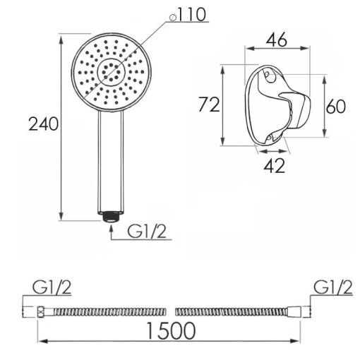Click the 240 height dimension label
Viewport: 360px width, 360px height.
click(44, 124)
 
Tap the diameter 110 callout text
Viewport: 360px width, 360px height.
click(188, 15)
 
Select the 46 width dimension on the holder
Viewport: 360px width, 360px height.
click(277, 40)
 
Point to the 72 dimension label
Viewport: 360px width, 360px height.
click(209, 104)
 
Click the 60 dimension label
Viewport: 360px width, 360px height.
click(336, 107)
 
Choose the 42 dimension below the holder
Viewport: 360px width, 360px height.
click(275, 166)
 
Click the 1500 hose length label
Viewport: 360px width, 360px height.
click(171, 331)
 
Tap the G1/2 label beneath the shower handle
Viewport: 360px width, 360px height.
click(147, 232)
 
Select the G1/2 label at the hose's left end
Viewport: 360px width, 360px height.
click(52, 287)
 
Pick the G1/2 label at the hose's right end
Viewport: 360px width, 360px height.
click(333, 287)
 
